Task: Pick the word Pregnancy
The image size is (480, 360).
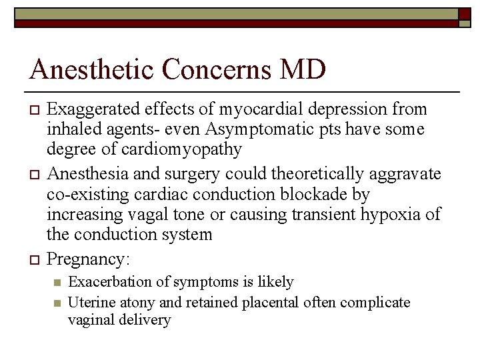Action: (x=90, y=259)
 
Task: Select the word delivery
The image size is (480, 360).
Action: (x=146, y=320)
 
